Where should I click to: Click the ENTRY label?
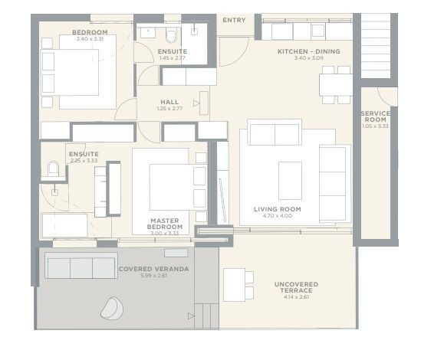[x=234, y=20]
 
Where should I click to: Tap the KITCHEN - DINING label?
[x=308, y=51]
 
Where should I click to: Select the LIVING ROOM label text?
[x=278, y=208]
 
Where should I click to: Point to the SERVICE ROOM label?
[x=376, y=117]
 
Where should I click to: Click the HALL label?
[x=169, y=102]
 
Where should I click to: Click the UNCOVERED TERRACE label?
[x=295, y=287]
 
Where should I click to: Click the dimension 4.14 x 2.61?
[x=295, y=297]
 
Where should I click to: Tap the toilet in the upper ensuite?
[x=169, y=35]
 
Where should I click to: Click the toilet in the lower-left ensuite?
[x=52, y=169]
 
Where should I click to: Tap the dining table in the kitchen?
[x=335, y=83]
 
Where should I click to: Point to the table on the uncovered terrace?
[x=235, y=285]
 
